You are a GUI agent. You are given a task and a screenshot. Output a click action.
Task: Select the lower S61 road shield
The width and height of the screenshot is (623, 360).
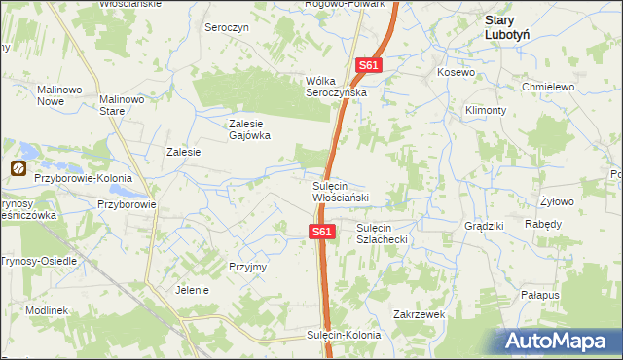click(x=323, y=232)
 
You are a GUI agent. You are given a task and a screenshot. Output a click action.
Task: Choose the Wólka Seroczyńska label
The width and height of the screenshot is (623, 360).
click(x=335, y=86)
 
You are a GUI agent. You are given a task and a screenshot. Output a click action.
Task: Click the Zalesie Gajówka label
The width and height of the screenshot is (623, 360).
click(x=248, y=129)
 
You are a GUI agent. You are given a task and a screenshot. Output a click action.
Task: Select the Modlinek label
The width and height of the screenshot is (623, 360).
click(x=47, y=309)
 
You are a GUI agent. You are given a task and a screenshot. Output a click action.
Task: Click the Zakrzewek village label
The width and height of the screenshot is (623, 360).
click(x=419, y=314)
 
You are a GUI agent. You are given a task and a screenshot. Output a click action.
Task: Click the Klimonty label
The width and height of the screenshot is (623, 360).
click(x=485, y=111)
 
